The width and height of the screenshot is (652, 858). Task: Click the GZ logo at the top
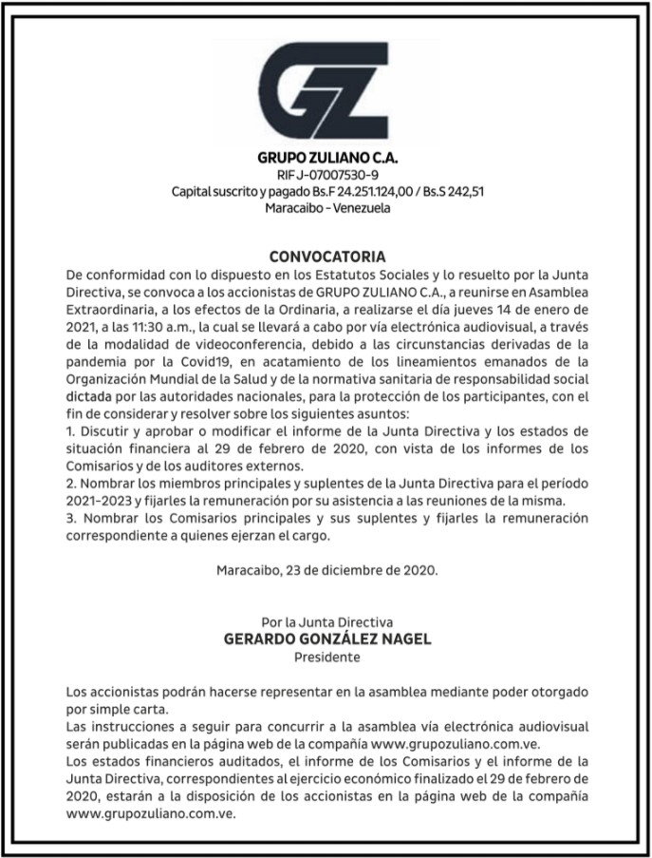325,90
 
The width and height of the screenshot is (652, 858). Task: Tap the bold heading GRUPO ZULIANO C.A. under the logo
326,157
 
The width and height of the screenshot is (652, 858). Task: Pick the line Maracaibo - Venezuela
326,208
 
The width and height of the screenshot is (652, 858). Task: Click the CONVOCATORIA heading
326,257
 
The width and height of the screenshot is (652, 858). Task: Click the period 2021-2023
100,501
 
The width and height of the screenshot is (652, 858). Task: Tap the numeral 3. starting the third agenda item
72,518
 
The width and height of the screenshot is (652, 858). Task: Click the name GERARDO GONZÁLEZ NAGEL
326,639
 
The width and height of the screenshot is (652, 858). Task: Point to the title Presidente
326,657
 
